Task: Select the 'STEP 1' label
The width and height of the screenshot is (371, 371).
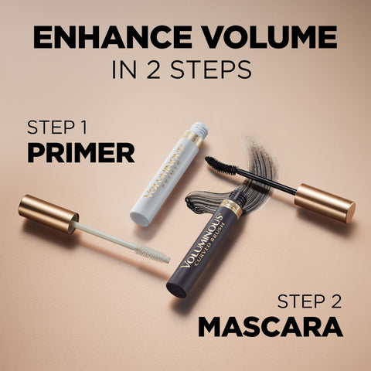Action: coord(59,128)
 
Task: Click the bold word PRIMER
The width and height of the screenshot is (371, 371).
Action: coord(80,152)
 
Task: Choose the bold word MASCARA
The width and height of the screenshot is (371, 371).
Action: coord(270,326)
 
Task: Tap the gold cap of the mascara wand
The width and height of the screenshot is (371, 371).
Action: coord(325,203)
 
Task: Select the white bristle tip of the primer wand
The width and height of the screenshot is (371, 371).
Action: coord(152,254)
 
